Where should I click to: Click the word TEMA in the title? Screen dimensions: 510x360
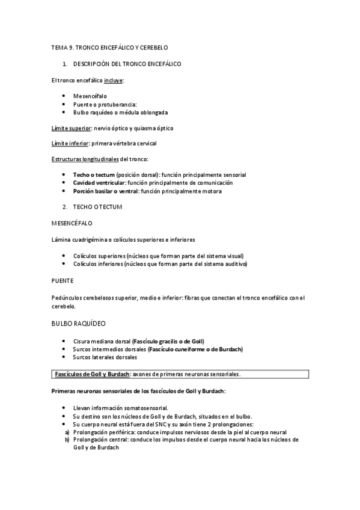(x=59, y=46)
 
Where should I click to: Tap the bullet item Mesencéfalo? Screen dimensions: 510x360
(x=90, y=96)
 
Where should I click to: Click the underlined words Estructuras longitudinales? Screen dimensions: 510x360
(x=85, y=159)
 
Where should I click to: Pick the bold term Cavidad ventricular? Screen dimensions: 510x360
(x=99, y=182)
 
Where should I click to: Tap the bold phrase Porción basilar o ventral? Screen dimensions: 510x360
(x=106, y=191)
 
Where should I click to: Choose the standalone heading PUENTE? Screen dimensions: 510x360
(x=62, y=280)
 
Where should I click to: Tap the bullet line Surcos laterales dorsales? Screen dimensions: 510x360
(x=105, y=357)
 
